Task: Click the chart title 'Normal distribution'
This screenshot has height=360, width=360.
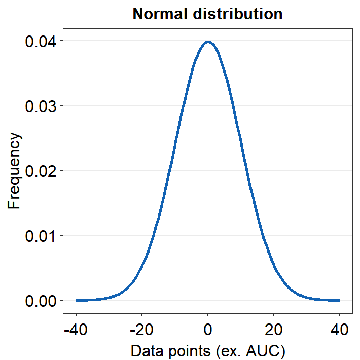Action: [x=207, y=14]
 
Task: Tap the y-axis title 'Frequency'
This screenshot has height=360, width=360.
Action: [x=15, y=171]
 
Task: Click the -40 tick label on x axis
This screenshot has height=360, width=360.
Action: [x=76, y=330]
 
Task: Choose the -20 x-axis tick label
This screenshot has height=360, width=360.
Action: [x=141, y=330]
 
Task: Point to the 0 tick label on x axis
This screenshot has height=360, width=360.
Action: [x=208, y=330]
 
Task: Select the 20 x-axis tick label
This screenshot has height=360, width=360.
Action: [x=274, y=330]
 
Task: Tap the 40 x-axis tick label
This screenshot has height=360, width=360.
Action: [x=340, y=330]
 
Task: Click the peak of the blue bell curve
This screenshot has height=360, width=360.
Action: [x=208, y=42]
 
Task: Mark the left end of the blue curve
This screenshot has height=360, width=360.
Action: [x=77, y=300]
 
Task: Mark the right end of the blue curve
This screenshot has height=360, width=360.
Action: [x=339, y=300]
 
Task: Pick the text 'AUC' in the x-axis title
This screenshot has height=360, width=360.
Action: [x=268, y=351]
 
